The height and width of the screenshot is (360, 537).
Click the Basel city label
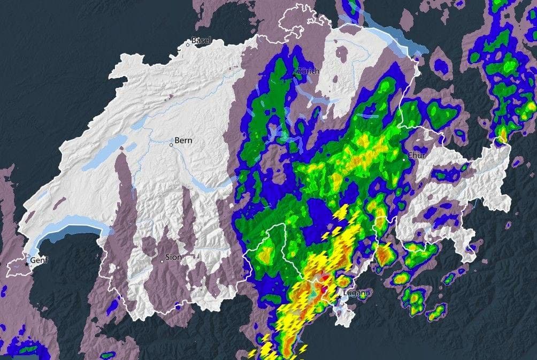pyautogui.click(x=202, y=40)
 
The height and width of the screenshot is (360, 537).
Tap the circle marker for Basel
pyautogui.click(x=188, y=44)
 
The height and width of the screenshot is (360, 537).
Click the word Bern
pyautogui.click(x=183, y=141)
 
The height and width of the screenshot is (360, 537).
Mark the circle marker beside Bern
pyautogui.click(x=171, y=144)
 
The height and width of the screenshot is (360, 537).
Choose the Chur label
pyautogui.click(x=417, y=155)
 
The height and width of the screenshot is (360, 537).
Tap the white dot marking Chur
pyautogui.click(x=404, y=159)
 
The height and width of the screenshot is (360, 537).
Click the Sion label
pyautogui.click(x=173, y=257)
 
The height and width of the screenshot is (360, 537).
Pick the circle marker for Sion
pyautogui.click(x=162, y=261)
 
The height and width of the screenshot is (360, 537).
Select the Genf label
pyautogui.click(x=39, y=261)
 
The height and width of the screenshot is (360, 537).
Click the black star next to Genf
pyautogui.click(x=27, y=264)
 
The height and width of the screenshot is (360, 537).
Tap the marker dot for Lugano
pyautogui.click(x=339, y=296)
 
